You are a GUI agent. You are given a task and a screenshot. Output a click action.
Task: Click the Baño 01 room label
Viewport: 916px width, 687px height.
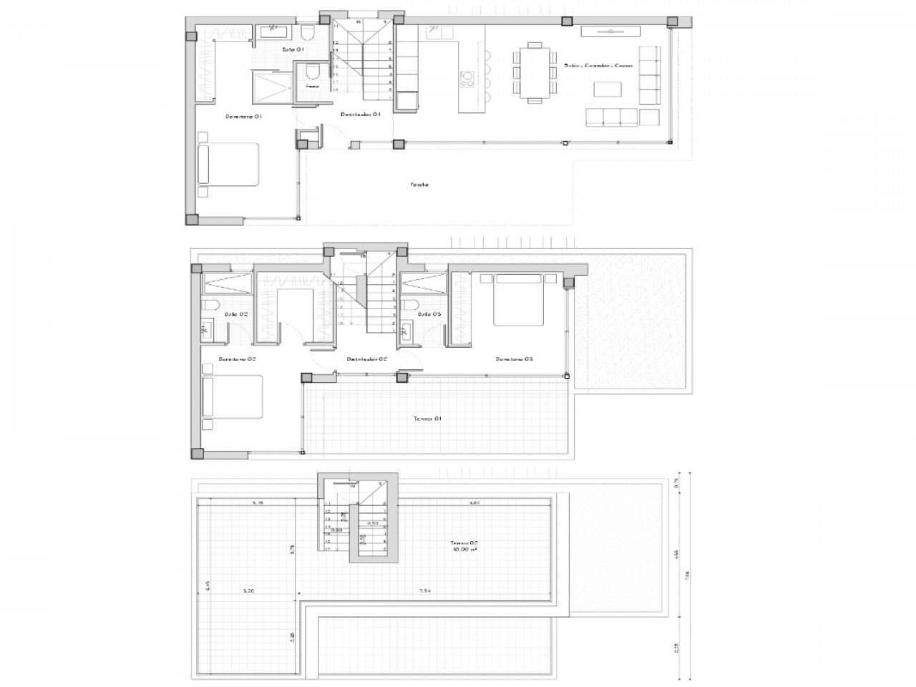(x=293, y=49)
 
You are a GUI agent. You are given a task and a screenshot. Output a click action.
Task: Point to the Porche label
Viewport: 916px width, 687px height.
(x=419, y=185)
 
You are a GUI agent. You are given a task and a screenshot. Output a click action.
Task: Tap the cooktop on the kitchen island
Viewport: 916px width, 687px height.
(x=467, y=78)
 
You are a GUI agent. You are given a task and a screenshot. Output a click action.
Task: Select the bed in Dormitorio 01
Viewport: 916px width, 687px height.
(x=228, y=164)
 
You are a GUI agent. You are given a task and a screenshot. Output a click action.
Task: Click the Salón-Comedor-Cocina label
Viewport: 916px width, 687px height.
(x=598, y=65)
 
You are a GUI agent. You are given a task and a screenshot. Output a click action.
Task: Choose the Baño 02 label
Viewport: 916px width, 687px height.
(x=236, y=314)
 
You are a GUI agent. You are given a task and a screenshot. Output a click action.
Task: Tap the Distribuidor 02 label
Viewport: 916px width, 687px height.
(x=366, y=359)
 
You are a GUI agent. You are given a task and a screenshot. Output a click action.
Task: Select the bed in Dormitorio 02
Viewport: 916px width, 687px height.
(x=233, y=397)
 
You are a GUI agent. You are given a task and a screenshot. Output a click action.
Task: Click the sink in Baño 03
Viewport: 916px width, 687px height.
(x=406, y=330)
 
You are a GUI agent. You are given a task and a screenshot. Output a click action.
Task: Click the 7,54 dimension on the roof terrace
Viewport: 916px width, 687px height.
(x=425, y=591)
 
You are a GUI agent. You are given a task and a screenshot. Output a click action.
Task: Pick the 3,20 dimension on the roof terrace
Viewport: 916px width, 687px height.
(x=249, y=591)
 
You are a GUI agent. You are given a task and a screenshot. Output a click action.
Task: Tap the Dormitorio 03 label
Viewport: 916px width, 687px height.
(x=515, y=359)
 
